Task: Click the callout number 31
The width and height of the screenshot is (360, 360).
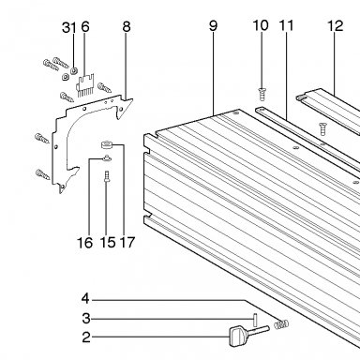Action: coord(69,27)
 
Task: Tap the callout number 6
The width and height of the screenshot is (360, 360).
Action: coord(85,27)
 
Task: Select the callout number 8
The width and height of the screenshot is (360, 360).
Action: coord(126,27)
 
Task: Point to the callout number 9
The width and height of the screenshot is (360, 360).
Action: coord(213,26)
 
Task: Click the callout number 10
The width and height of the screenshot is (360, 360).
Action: coord(261,25)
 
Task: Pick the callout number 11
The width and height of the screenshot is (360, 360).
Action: coord(286,25)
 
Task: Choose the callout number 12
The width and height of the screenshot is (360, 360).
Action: coord(336,26)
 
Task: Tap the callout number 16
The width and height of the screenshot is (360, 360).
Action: coord(85,243)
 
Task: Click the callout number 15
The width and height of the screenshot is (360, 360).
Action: coord(108,243)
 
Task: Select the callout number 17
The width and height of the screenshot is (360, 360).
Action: coord(127,243)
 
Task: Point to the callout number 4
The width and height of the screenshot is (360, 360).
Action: coord(85,299)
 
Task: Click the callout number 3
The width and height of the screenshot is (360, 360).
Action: coord(86,319)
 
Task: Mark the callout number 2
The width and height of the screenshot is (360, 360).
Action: coord(86,337)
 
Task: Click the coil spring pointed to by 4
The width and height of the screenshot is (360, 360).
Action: coord(281,324)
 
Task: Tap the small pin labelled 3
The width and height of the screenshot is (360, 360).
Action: coord(255,320)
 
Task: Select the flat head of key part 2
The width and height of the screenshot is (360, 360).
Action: coord(239,337)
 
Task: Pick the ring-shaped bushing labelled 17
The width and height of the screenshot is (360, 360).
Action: coord(106,145)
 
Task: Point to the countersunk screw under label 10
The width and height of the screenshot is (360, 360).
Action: coord(262,95)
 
